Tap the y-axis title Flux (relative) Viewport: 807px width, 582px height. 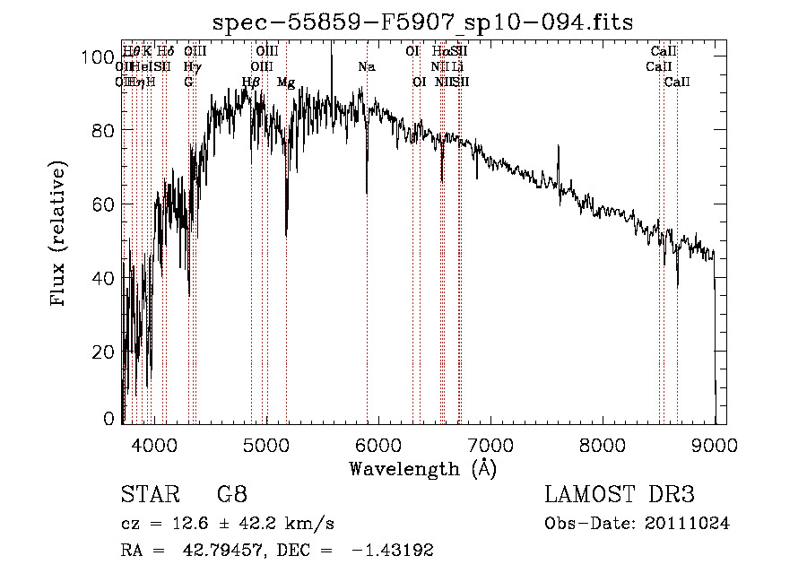coord(59,234)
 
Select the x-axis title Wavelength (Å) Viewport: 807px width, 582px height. coord(422,468)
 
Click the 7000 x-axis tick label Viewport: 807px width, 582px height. coord(490,444)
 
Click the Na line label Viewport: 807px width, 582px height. coord(366,67)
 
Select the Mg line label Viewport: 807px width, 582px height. coord(286,83)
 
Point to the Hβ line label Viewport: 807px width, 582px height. coord(251,83)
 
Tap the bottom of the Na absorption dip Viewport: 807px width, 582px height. coord(366,191)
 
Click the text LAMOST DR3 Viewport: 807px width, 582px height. coord(620,494)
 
